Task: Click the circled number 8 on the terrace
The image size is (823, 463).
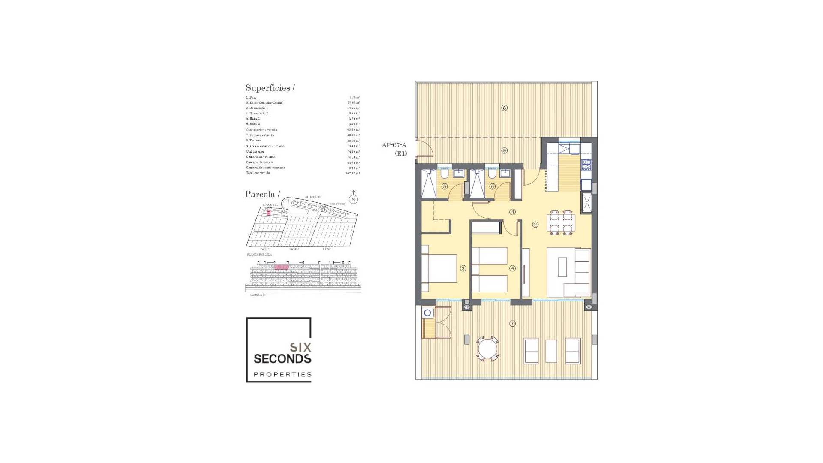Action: [x=504, y=108]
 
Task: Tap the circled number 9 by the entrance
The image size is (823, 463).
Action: [x=504, y=150]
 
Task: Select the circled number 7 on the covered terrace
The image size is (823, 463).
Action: [x=512, y=324]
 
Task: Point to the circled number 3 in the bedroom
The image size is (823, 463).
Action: [x=463, y=268]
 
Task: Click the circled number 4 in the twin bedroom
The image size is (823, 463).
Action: [x=512, y=268]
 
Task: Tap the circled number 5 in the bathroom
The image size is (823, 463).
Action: [x=445, y=186]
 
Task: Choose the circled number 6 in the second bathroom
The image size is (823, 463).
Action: [x=492, y=186]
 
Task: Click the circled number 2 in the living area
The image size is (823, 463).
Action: [x=535, y=225]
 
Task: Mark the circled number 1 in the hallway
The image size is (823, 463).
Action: [x=512, y=212]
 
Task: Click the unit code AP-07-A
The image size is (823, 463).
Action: [x=394, y=145]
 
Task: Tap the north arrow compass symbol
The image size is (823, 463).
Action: [x=353, y=198]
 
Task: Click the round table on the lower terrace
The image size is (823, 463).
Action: [x=487, y=348]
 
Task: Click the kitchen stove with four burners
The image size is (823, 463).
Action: [x=586, y=165]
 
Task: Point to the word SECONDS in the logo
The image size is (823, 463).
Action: [x=282, y=358]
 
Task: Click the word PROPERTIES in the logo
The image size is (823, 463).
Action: [x=282, y=374]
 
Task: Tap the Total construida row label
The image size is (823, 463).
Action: [x=258, y=173]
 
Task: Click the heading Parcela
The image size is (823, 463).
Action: [x=262, y=194]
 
